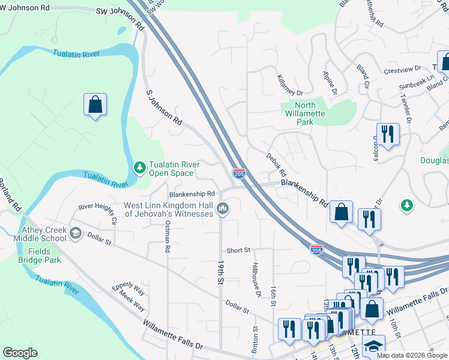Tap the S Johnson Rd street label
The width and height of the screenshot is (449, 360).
click(x=164, y=107)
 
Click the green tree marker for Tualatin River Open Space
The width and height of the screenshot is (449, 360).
click(x=140, y=167)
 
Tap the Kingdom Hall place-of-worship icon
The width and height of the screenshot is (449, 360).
click(x=223, y=209)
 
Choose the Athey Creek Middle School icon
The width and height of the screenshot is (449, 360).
click(x=76, y=233)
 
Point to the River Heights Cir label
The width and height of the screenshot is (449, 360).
click(x=94, y=207)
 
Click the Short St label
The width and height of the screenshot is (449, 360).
click(x=238, y=250)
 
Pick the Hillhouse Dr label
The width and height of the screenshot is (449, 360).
click(x=256, y=280)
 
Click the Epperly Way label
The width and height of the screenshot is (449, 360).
click(x=129, y=287)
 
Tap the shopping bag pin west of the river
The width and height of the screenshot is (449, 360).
click(x=95, y=105)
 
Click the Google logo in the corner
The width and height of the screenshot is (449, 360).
click(x=20, y=353)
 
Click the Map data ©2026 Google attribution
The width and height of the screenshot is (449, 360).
click(x=411, y=355)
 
